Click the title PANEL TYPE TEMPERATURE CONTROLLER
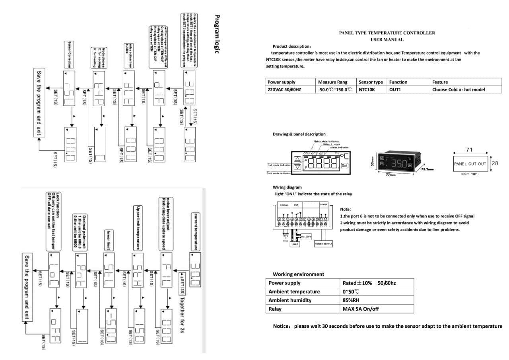387,33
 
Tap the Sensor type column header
371,82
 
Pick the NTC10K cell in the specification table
367,90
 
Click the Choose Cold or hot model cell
458,90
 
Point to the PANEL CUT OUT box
470,163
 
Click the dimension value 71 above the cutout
469,150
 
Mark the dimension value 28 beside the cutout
495,163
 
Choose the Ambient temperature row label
294,292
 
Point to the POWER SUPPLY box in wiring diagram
323,244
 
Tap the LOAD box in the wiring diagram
295,244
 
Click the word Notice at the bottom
281,326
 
